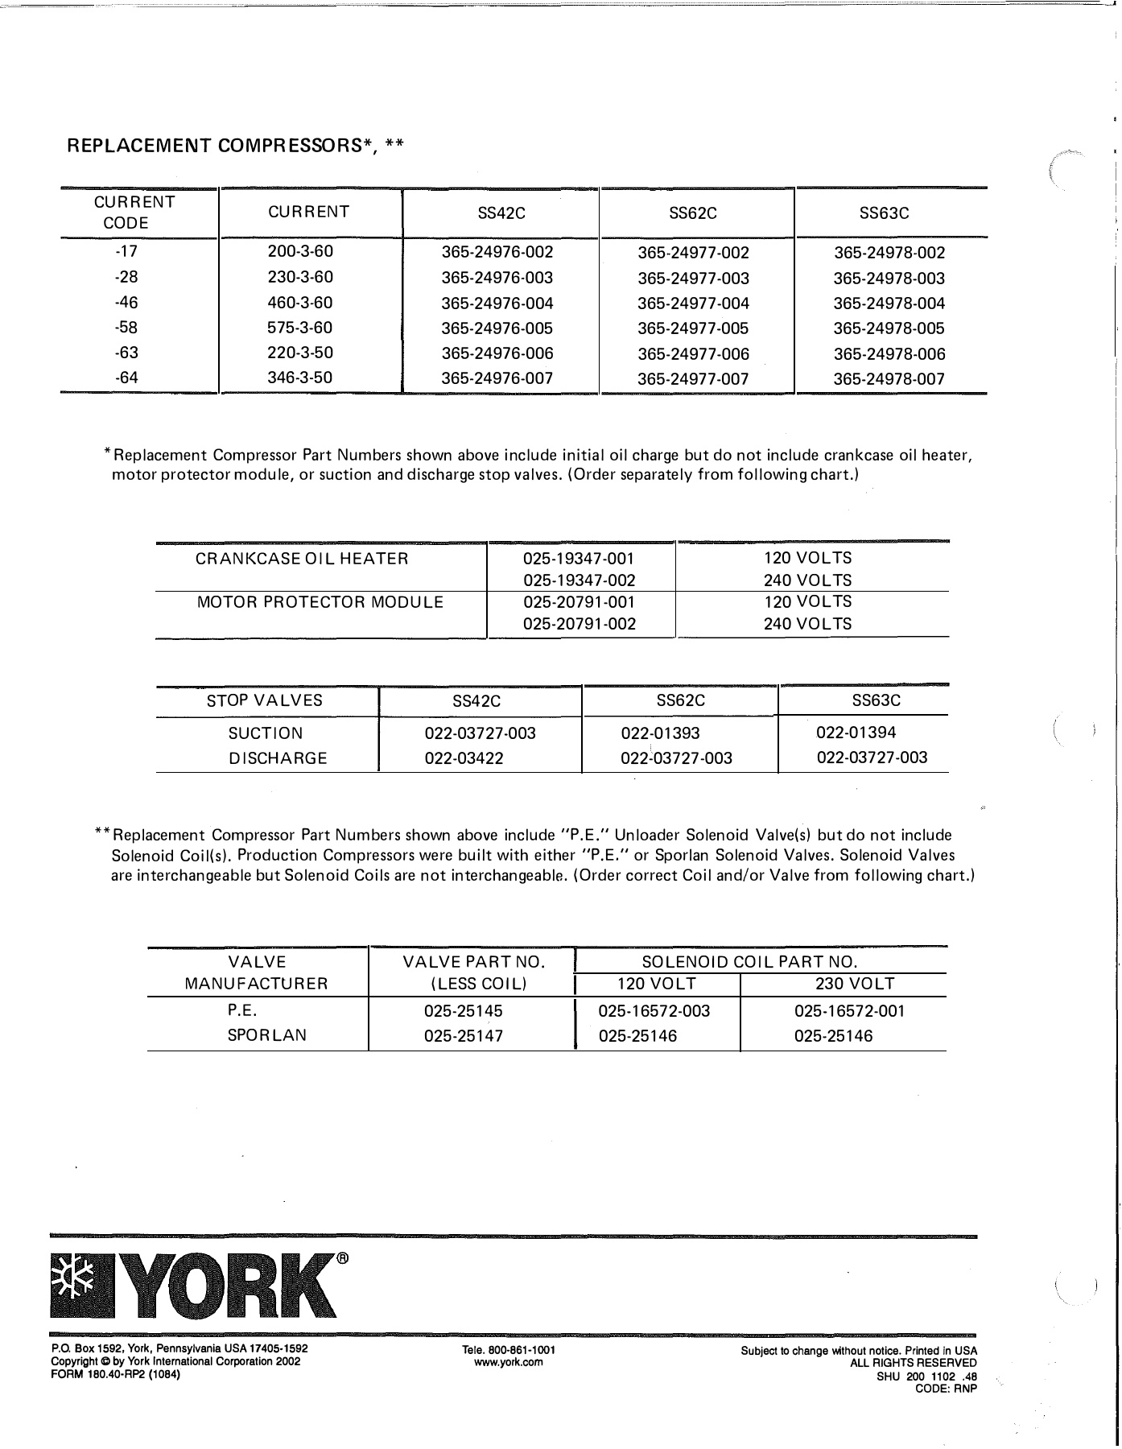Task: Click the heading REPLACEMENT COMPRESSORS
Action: point(234,146)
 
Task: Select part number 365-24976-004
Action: point(497,303)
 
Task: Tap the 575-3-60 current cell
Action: point(299,328)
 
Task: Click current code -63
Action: point(126,353)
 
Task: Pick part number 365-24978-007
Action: point(889,379)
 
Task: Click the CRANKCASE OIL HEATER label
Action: point(302,559)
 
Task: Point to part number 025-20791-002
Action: point(579,624)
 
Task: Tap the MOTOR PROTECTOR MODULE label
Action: point(320,602)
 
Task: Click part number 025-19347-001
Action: point(579,559)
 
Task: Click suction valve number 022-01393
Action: point(660,733)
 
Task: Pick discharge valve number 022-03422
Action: point(464,758)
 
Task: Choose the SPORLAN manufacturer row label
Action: point(266,1036)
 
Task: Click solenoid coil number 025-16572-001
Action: point(849,1011)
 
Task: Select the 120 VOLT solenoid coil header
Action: point(657,984)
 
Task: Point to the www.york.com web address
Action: point(509,1362)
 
